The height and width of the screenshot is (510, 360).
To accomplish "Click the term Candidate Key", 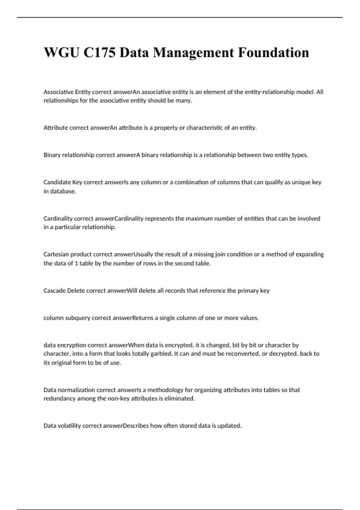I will pyautogui.click(x=63, y=182).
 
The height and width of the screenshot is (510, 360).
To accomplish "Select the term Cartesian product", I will pyautogui.click(x=67, y=254).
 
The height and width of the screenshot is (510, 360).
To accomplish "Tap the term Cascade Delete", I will pyautogui.click(x=64, y=291).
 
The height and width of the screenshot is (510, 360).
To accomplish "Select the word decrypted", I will pyautogui.click(x=283, y=354).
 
